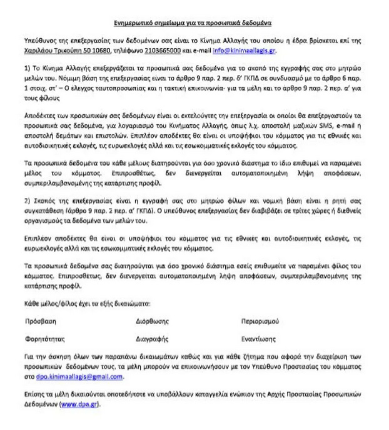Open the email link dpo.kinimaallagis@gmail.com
(x=70, y=377)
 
